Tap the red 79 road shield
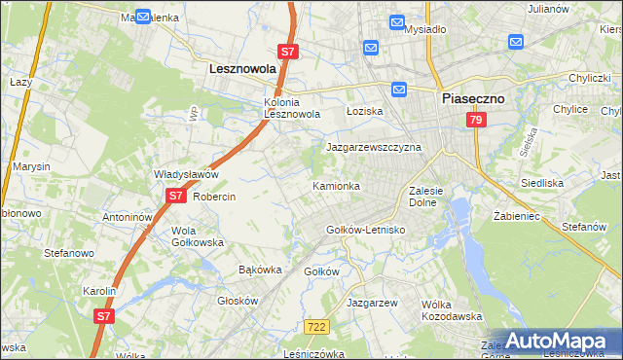(475, 120)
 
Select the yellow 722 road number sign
(313, 329)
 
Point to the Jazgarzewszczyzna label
(373, 147)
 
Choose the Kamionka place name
(337, 185)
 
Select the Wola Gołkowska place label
(198, 236)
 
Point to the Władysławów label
(186, 174)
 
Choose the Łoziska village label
(365, 111)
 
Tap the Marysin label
(31, 166)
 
